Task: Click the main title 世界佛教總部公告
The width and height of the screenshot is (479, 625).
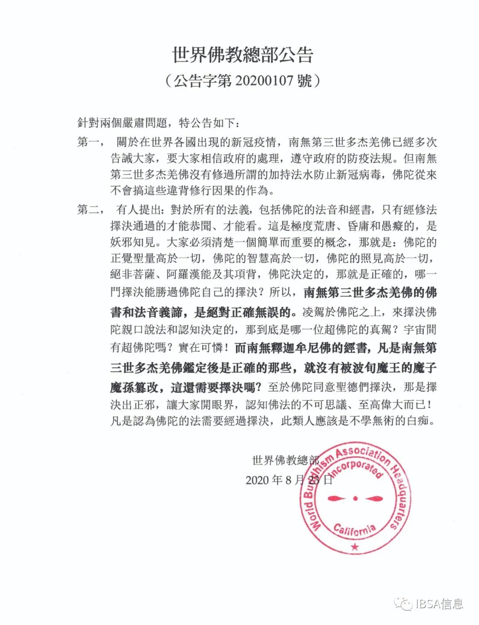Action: pyautogui.click(x=243, y=55)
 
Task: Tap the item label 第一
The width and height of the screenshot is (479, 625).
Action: pyautogui.click(x=90, y=142)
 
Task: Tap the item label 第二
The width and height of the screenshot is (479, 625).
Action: pyautogui.click(x=90, y=210)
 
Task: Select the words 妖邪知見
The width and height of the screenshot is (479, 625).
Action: pyautogui.click(x=133, y=242)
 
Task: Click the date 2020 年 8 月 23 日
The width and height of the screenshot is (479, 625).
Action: pyautogui.click(x=289, y=480)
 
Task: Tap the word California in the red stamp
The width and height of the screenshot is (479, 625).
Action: pyautogui.click(x=354, y=529)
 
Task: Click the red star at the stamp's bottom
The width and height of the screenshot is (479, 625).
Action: pyautogui.click(x=354, y=547)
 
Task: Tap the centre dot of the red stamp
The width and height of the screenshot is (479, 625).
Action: pyautogui.click(x=355, y=498)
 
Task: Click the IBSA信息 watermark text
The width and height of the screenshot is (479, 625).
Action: pyautogui.click(x=439, y=604)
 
